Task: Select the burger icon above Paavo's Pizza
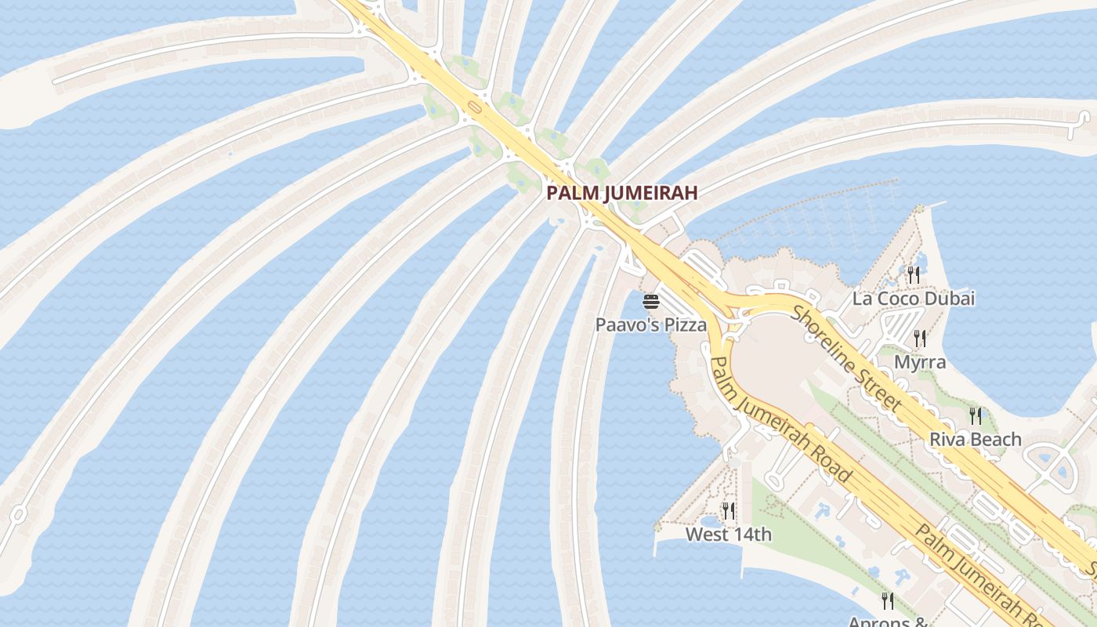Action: tap(651, 302)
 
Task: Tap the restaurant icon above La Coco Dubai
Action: tap(914, 274)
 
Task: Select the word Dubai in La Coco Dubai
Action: tap(952, 299)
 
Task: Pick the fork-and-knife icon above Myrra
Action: tap(920, 339)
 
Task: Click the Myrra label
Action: tap(920, 363)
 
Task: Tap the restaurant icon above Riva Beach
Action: tap(976, 415)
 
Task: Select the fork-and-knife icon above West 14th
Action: tap(729, 511)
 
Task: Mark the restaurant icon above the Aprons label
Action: tap(888, 601)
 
